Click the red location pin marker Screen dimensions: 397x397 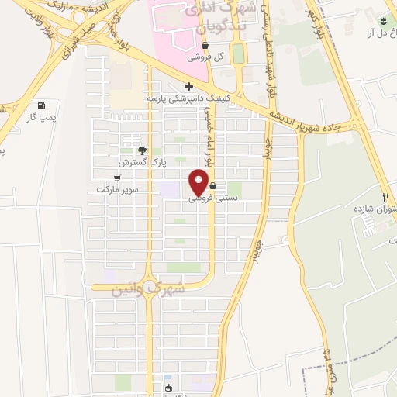pos(199,184)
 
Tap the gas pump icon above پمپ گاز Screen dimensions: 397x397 pos(41,105)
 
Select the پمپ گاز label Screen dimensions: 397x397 pos(43,117)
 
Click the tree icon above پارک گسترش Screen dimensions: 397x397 pos(140,150)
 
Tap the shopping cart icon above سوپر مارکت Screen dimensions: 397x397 pos(117,177)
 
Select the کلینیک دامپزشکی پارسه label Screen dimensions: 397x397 pos(189,99)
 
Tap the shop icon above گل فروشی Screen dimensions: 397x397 pos(204,46)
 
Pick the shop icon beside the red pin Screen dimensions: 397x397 pos(212,186)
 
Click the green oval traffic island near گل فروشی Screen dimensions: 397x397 pos(238,53)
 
